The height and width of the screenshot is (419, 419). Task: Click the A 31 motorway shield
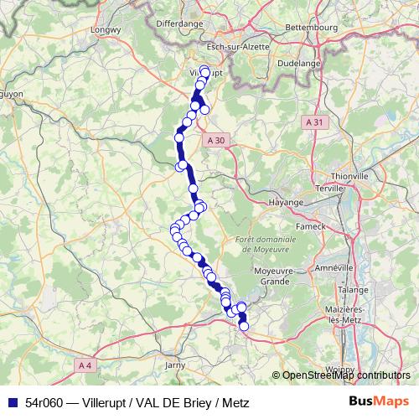[314, 122]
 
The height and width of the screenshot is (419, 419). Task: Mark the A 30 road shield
[215, 141]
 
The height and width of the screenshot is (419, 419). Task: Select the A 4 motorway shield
[84, 365]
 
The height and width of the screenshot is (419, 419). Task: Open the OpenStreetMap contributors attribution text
[346, 375]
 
